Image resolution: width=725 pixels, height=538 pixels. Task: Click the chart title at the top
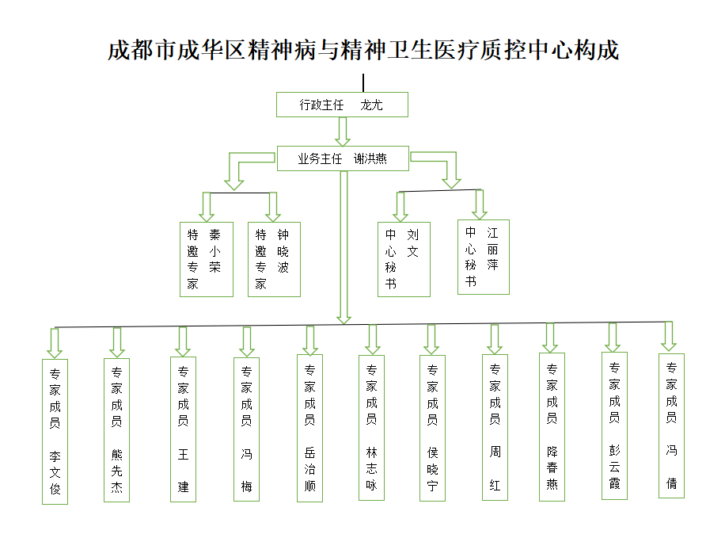click(x=363, y=50)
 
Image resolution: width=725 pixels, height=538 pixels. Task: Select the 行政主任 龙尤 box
click(x=342, y=105)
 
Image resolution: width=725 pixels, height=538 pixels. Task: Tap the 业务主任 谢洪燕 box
click(x=343, y=158)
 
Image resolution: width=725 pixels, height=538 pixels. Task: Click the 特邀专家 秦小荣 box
click(x=207, y=259)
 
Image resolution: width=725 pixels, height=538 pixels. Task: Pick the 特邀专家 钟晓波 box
click(x=274, y=259)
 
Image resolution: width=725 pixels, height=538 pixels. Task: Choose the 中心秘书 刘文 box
click(x=404, y=259)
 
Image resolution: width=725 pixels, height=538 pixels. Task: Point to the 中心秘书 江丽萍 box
click(x=484, y=257)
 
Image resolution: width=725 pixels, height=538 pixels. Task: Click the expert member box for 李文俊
click(x=55, y=432)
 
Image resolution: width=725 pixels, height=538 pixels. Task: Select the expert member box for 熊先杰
click(x=116, y=430)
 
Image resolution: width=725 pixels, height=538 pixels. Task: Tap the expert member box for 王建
click(x=183, y=429)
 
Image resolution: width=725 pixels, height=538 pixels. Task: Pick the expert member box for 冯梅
click(x=246, y=429)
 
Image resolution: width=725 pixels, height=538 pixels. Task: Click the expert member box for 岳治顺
click(x=309, y=429)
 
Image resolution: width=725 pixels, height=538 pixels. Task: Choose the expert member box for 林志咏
click(x=371, y=428)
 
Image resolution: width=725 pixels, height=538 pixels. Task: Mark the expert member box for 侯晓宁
click(x=432, y=429)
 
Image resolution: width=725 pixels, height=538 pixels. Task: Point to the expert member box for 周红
click(x=495, y=427)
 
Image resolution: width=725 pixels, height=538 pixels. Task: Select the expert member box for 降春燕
click(x=552, y=427)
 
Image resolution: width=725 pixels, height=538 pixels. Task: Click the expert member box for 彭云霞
click(x=614, y=426)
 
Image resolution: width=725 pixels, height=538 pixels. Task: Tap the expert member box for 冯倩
click(x=671, y=426)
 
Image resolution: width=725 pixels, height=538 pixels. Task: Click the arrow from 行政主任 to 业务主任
click(x=343, y=132)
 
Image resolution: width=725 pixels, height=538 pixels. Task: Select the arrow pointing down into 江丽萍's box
click(x=480, y=204)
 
